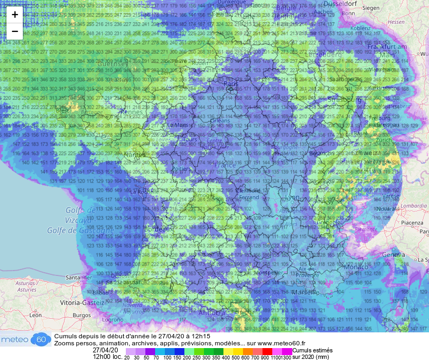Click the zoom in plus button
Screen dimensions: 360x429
click(15, 15)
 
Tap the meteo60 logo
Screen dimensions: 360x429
click(25, 339)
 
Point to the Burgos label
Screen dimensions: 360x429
click(82, 315)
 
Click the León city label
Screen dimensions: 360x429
click(36, 315)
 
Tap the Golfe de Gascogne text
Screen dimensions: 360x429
click(90, 230)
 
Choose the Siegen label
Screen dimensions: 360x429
click(371, 8)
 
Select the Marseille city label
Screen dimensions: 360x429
click(305, 292)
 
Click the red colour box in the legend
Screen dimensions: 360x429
click(267, 351)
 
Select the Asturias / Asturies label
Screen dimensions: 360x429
click(27, 286)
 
